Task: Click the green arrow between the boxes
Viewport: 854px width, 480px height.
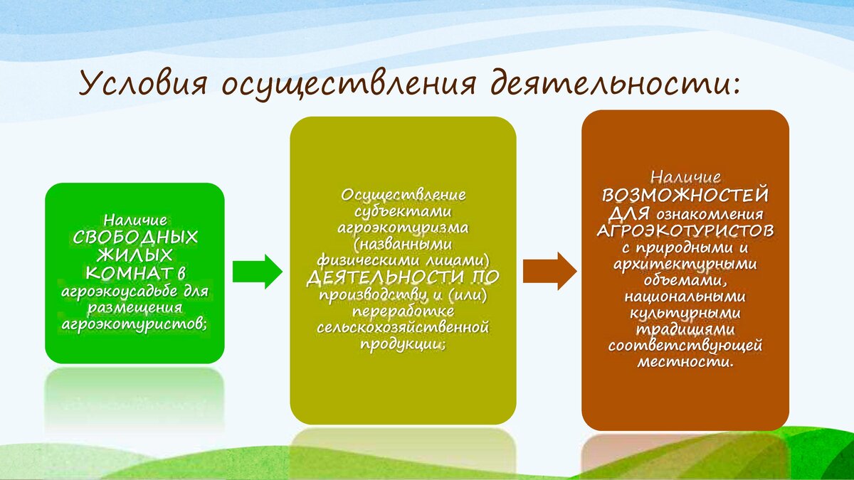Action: (x=258, y=272)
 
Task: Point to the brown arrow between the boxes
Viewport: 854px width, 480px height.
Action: (x=549, y=271)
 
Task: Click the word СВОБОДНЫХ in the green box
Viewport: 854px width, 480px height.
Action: (x=135, y=238)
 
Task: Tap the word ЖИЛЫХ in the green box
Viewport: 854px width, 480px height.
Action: (x=135, y=255)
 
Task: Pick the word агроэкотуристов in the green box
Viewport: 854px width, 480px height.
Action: (x=134, y=325)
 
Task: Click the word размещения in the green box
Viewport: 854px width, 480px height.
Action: (x=135, y=308)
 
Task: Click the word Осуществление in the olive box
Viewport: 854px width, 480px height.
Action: (x=403, y=196)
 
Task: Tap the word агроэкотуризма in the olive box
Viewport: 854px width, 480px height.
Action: (x=403, y=228)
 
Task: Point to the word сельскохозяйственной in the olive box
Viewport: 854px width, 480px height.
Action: (x=403, y=328)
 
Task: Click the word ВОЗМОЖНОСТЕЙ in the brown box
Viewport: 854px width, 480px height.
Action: (x=685, y=196)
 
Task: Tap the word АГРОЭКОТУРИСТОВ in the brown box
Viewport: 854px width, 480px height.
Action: (x=685, y=230)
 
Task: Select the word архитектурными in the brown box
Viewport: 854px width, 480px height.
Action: (x=685, y=264)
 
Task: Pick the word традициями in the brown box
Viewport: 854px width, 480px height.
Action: (x=685, y=329)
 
